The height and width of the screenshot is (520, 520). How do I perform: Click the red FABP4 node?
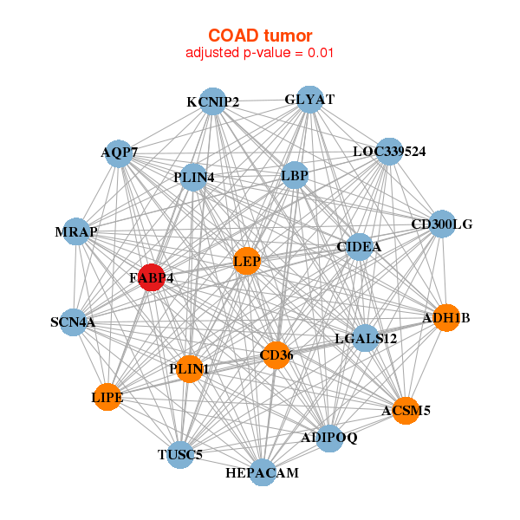152,277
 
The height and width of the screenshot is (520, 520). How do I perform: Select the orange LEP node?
247,262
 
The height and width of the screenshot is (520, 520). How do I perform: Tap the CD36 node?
275,354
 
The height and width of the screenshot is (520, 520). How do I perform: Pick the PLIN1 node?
190,369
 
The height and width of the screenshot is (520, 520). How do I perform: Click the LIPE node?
107,397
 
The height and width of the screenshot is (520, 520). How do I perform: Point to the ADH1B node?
445,318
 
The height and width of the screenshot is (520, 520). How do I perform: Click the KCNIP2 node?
212,101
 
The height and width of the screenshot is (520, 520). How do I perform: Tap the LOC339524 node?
389,152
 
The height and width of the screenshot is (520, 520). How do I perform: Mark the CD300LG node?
442,224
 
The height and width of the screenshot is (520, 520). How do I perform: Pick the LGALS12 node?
366,338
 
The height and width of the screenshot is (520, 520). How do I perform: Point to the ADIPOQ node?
329,438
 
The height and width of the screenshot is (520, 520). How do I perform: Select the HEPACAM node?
262,472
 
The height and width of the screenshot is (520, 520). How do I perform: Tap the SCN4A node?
73,322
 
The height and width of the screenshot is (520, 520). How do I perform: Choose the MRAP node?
76,231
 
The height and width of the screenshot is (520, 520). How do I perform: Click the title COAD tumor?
260,36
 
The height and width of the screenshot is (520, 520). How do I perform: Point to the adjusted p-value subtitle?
260,53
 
